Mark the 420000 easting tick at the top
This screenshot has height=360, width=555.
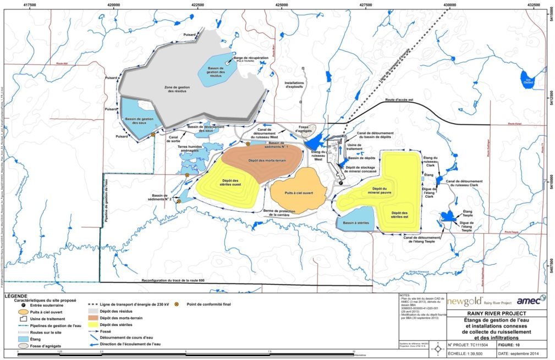(114, 3)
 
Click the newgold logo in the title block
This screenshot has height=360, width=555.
(464, 301)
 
